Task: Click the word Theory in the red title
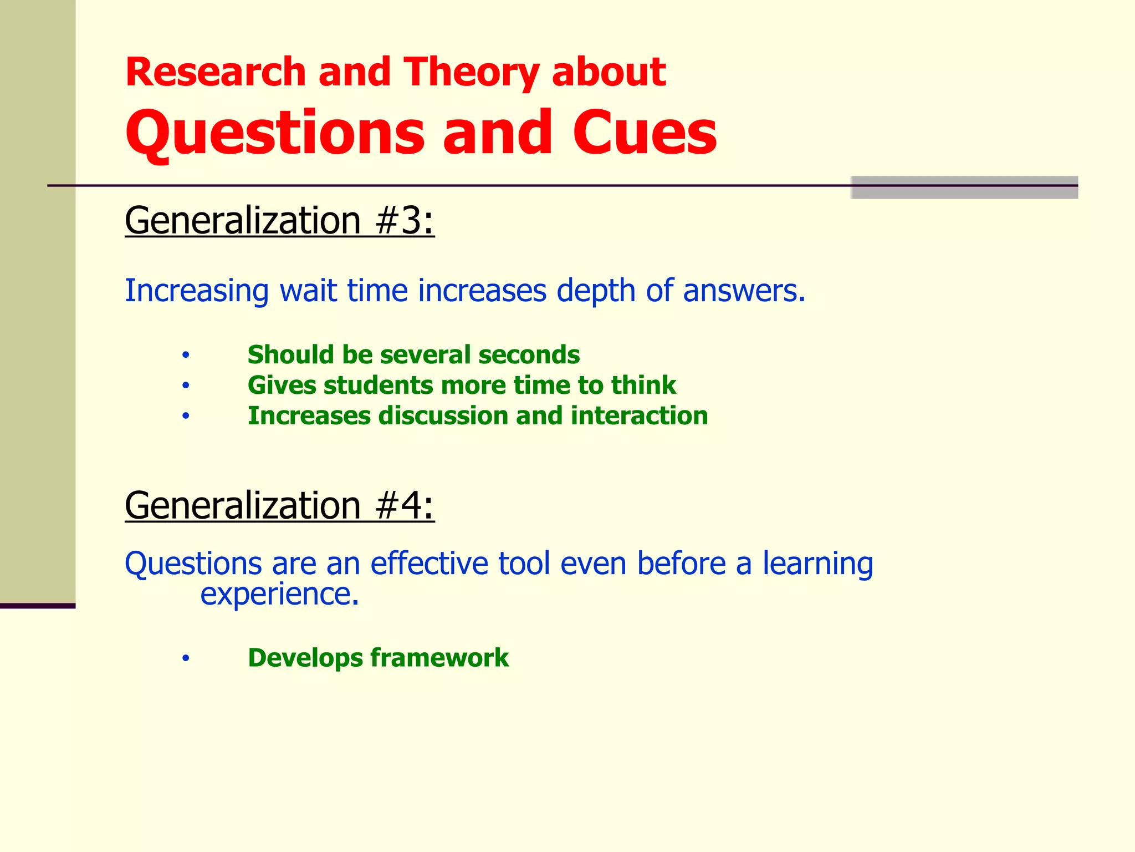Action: click(471, 73)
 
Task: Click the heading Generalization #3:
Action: click(279, 221)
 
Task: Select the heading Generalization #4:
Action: click(279, 505)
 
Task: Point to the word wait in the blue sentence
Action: click(308, 291)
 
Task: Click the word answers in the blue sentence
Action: click(743, 291)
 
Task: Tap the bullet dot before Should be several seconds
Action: click(186, 355)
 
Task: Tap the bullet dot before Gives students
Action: click(186, 385)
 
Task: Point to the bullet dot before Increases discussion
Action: click(186, 415)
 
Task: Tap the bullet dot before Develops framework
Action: click(186, 658)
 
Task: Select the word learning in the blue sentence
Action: click(817, 564)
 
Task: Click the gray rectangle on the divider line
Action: click(964, 187)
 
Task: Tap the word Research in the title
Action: click(216, 73)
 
